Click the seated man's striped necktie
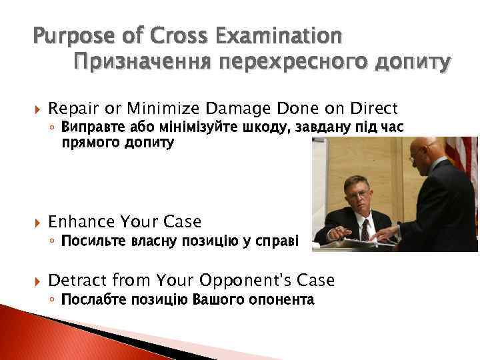[364, 230]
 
